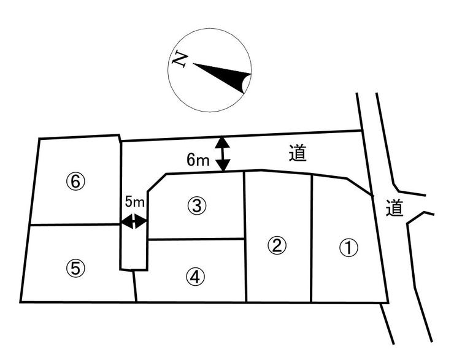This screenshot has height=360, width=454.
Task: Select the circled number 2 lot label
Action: [x=277, y=245]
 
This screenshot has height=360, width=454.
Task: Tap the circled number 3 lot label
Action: [x=196, y=206]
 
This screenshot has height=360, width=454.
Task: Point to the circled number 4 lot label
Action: [x=194, y=277]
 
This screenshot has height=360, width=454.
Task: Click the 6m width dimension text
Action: [x=199, y=160]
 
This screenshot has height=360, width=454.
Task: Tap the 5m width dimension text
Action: [x=134, y=201]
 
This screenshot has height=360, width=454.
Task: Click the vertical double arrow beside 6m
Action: [x=222, y=153]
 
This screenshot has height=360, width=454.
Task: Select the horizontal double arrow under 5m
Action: [x=134, y=221]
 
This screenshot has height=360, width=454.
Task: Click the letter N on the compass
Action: [x=180, y=59]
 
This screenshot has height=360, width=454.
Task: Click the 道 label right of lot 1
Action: [x=394, y=209]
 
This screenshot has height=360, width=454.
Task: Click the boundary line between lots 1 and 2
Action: [x=312, y=239]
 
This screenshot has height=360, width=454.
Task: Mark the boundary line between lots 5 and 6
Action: [x=74, y=225]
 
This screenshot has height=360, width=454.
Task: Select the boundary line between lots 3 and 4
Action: [x=196, y=239]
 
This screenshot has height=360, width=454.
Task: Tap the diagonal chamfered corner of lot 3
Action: [x=157, y=182]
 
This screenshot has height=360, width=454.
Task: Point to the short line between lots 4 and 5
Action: [x=135, y=286]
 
